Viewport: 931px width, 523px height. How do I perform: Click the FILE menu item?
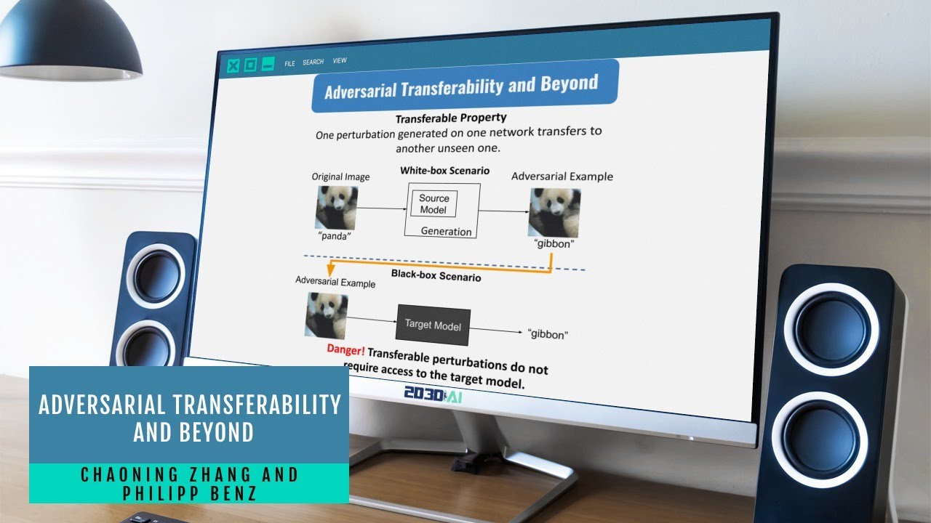point(289,63)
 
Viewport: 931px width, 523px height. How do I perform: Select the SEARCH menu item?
point(313,62)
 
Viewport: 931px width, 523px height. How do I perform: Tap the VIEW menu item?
point(340,61)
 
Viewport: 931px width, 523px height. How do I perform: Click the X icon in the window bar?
point(233,66)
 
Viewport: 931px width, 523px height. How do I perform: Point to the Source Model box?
point(434,204)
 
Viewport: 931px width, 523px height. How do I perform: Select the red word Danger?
point(345,349)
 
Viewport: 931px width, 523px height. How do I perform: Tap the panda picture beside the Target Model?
point(326,316)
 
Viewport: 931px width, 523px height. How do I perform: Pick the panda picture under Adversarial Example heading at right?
point(554,212)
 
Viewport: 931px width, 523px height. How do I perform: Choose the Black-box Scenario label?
point(436,275)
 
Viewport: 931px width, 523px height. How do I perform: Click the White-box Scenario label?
point(444,171)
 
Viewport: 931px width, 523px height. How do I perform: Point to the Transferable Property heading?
point(451,118)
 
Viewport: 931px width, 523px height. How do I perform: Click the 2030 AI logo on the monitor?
point(433,396)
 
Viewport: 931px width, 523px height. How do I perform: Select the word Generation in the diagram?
point(446,232)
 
